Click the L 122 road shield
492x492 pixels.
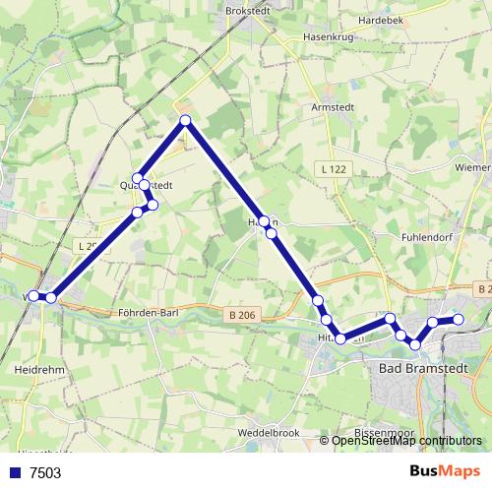point(335,170)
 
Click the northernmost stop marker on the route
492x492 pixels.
point(185,121)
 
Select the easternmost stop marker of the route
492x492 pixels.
point(458,319)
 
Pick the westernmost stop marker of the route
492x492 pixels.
point(33,295)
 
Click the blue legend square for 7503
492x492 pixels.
point(15,472)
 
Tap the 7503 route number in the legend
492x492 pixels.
point(45,472)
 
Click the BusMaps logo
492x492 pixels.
point(441,471)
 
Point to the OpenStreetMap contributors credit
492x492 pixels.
point(406,441)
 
